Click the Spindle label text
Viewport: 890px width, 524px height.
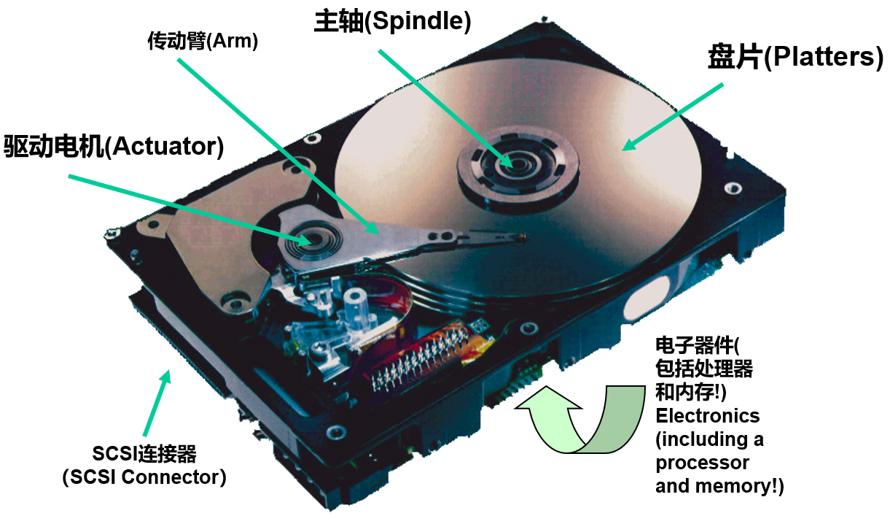393,21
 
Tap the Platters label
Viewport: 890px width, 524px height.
796,58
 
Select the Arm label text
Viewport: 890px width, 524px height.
203,41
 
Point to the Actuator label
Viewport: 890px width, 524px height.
114,147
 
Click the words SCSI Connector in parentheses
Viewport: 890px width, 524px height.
144,477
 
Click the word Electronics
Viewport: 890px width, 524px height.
708,416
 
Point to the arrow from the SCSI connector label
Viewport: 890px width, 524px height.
157,403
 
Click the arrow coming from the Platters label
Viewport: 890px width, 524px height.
672,117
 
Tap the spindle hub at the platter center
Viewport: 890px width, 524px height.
518,165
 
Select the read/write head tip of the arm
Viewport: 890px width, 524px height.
520,237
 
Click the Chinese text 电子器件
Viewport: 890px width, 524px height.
694,345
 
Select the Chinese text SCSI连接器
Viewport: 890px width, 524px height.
144,454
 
